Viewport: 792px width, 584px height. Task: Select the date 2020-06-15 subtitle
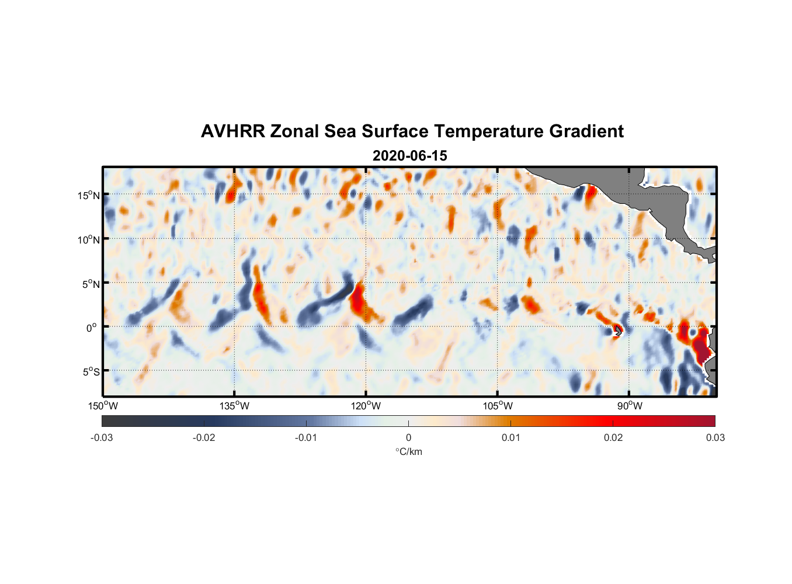click(x=409, y=156)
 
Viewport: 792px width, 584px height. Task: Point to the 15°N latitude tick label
click(x=88, y=195)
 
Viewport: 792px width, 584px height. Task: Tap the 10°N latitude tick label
click(x=88, y=239)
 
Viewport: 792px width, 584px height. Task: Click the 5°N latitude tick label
click(x=90, y=284)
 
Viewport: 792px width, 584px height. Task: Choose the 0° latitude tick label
click(x=92, y=328)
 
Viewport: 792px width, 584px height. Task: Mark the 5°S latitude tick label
click(x=90, y=372)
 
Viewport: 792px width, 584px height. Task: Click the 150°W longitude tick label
click(x=103, y=406)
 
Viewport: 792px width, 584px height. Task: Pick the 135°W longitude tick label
click(x=234, y=406)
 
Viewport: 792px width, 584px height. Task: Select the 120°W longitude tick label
click(x=366, y=406)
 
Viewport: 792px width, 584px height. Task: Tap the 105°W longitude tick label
click(x=498, y=406)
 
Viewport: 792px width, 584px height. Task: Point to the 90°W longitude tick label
click(x=629, y=406)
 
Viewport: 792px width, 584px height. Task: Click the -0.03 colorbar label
click(x=102, y=438)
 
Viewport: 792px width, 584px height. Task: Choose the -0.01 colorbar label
click(x=305, y=438)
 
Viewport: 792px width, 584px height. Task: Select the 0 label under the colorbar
click(x=408, y=438)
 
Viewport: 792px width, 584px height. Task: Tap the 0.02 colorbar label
click(x=613, y=438)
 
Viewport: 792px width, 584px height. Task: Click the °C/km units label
click(x=408, y=451)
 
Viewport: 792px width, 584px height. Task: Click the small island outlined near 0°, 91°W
click(x=618, y=331)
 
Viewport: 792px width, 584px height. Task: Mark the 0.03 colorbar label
click(x=715, y=438)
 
